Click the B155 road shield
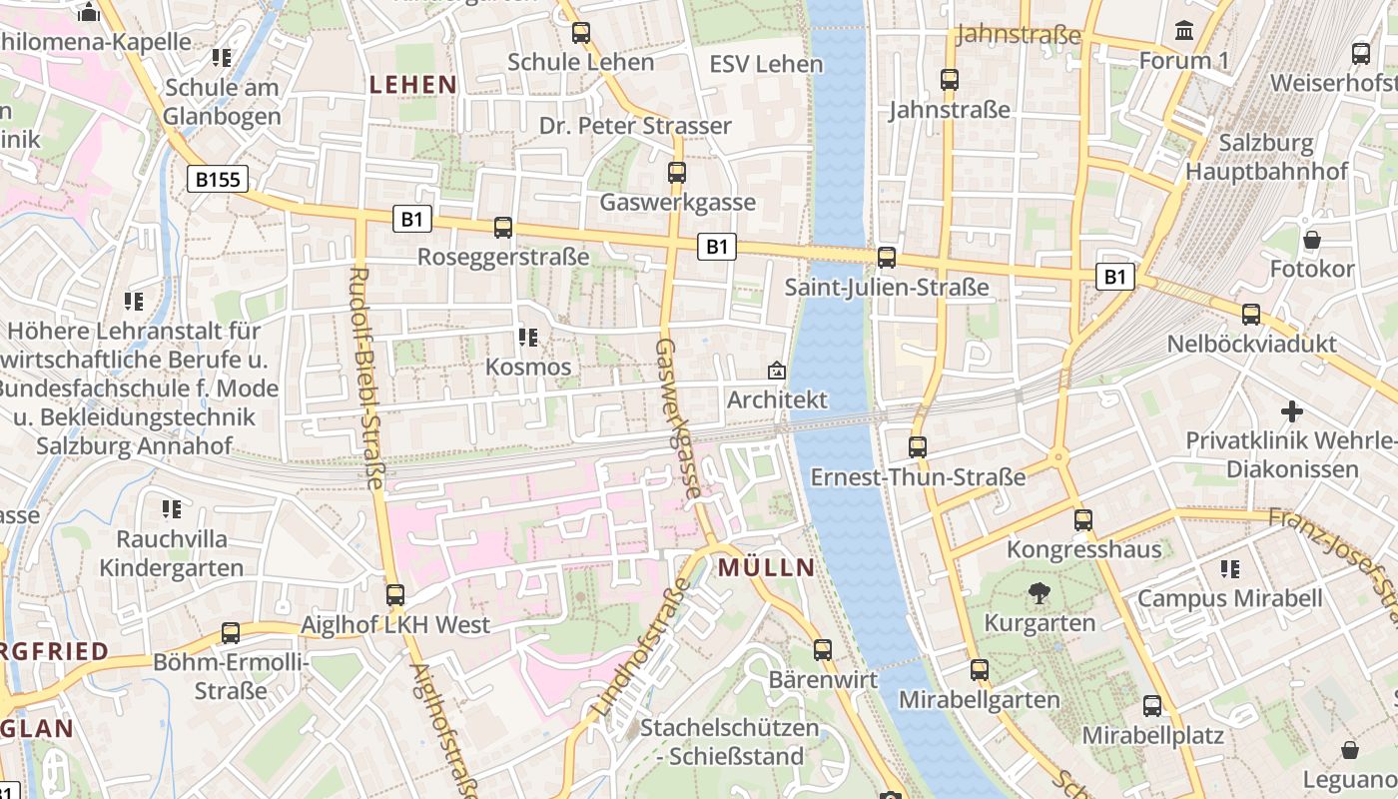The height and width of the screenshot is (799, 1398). (x=217, y=180)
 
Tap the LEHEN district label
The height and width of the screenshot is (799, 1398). (x=412, y=85)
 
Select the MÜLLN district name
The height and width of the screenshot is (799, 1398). (x=766, y=568)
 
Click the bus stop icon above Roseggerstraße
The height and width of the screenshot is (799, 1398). (x=503, y=228)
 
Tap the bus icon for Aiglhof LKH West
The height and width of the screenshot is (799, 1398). (x=395, y=595)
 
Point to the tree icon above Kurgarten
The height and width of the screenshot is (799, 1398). (x=1040, y=593)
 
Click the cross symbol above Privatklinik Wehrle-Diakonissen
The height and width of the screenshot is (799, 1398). (x=1292, y=411)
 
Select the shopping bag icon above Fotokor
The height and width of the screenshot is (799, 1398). (x=1312, y=240)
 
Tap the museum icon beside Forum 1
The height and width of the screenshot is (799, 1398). (x=1184, y=31)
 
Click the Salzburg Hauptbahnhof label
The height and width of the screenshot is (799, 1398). (x=1266, y=158)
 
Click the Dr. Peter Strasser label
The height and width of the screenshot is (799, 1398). (x=635, y=126)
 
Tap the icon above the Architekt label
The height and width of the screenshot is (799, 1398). (x=776, y=371)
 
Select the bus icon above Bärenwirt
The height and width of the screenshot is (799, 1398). (x=823, y=649)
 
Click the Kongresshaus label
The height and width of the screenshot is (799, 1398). (x=1083, y=549)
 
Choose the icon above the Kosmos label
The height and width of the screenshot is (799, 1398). (x=528, y=338)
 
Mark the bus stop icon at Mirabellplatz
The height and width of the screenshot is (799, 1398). (x=1152, y=705)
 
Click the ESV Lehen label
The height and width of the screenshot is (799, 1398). (x=766, y=64)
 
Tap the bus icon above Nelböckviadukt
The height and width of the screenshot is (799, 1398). (x=1251, y=315)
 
